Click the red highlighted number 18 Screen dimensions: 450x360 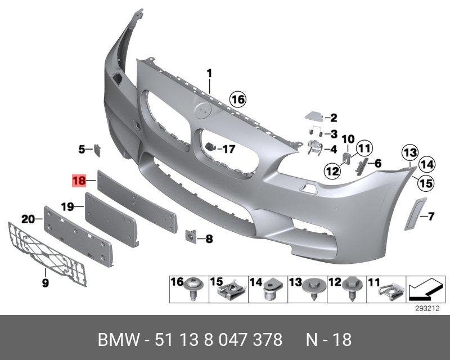coord(78,181)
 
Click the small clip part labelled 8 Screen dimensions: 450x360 coord(191,237)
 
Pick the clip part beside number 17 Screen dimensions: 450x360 coord(212,148)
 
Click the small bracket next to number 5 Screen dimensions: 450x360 coord(97,149)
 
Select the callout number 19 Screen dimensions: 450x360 coord(67,207)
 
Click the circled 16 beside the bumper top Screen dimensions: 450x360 coord(238,100)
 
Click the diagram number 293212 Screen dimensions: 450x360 coord(428,309)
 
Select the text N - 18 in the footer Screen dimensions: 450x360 coord(328,340)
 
